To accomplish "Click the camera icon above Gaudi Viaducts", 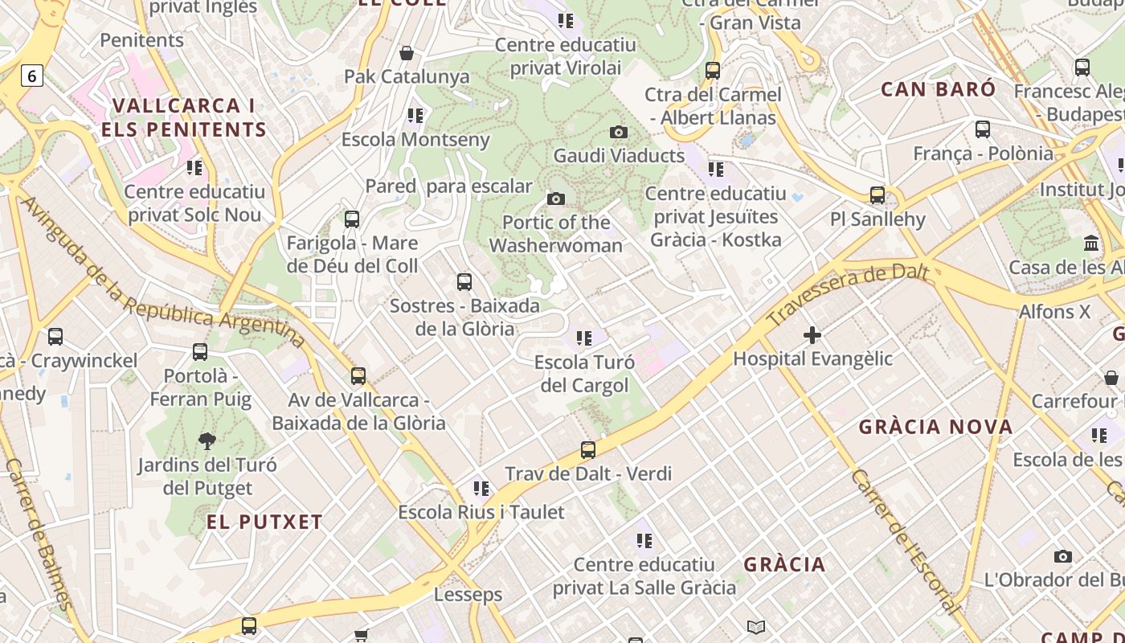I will [618, 132].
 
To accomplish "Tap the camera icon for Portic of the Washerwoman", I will [555, 199].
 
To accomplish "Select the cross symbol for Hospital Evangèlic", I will [812, 334].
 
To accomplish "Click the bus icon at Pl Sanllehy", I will [877, 195].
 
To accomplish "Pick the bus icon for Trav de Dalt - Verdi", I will [588, 450].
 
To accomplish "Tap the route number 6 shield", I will [31, 76].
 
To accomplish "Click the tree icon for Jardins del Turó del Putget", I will [207, 440].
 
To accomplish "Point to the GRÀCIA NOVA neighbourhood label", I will [935, 427].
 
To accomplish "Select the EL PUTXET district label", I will [264, 522].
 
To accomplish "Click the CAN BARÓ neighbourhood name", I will [938, 88].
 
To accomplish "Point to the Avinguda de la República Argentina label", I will [161, 273].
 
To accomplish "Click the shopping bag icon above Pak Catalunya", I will [407, 53].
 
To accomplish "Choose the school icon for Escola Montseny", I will [415, 116].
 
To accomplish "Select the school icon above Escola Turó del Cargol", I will [584, 338].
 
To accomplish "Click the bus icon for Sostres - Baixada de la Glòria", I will [464, 282].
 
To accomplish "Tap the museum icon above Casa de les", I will [1091, 243].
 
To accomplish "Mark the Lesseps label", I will [468, 595].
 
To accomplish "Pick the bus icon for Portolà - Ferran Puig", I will [200, 352].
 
